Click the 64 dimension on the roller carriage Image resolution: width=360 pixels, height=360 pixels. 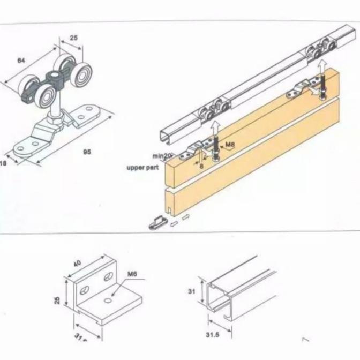(x=21, y=61)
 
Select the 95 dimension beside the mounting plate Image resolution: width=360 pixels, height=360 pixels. (x=86, y=152)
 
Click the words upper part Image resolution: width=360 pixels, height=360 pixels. (x=143, y=168)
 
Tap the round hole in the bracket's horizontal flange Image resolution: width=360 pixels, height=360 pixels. (x=110, y=302)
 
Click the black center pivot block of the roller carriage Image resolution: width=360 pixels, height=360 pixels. (x=54, y=80)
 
